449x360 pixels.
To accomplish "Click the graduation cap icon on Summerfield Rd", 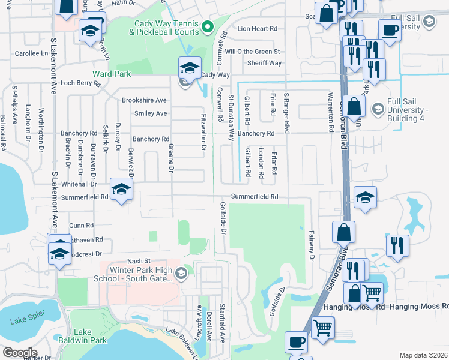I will coord(121,191).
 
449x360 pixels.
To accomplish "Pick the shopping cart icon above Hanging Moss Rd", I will coord(373,293).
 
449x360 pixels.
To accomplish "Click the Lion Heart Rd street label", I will coord(258,28).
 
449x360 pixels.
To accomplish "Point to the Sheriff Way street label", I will coord(265,63).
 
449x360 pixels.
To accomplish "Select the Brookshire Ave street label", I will coord(144,100).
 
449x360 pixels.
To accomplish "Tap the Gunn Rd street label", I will coord(82,225).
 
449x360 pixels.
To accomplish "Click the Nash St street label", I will coord(137,262).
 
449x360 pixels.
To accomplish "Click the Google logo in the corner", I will coord(20,353).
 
